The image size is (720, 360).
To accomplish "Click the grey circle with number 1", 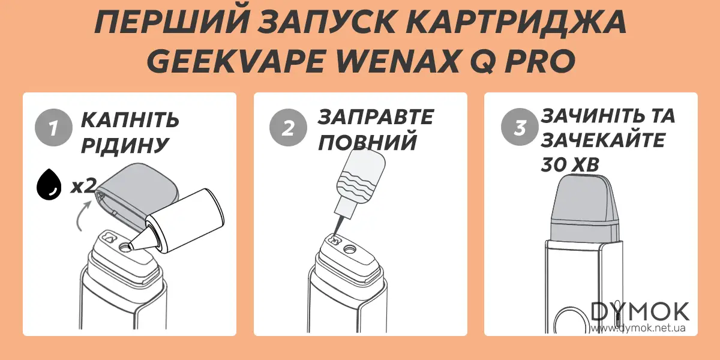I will (x=53, y=128).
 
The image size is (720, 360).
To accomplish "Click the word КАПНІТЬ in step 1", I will (x=130, y=119).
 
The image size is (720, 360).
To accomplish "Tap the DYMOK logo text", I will (x=640, y=312).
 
